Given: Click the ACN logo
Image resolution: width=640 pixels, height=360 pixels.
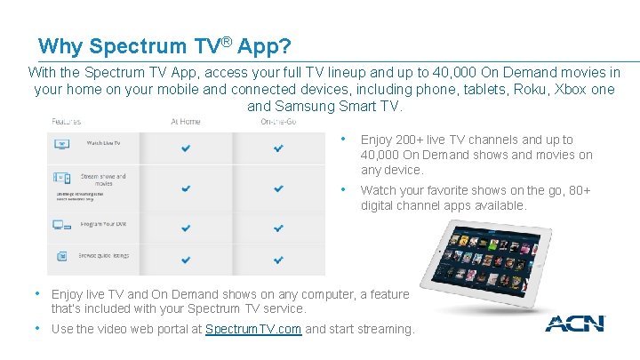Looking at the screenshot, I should (574, 324).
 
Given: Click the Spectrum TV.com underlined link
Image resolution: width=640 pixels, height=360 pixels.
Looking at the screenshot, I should (253, 329).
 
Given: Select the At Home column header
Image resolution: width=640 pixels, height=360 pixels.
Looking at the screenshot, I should (186, 122).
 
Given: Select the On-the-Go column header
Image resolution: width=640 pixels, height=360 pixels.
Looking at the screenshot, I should (278, 122).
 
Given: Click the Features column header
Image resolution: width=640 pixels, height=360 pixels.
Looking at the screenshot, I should (67, 122).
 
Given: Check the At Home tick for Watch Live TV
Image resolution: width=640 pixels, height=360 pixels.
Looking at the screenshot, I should (186, 148).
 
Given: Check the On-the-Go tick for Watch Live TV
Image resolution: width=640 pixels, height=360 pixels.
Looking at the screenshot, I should (278, 148).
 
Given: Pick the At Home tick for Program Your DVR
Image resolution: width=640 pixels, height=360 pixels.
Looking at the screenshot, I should (186, 228).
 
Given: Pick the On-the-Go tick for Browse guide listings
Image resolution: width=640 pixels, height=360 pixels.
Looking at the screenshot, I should (278, 260).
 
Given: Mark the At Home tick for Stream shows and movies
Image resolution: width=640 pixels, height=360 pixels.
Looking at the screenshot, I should (186, 188).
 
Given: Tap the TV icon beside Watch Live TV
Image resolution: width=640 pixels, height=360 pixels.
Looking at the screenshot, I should (62, 143).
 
